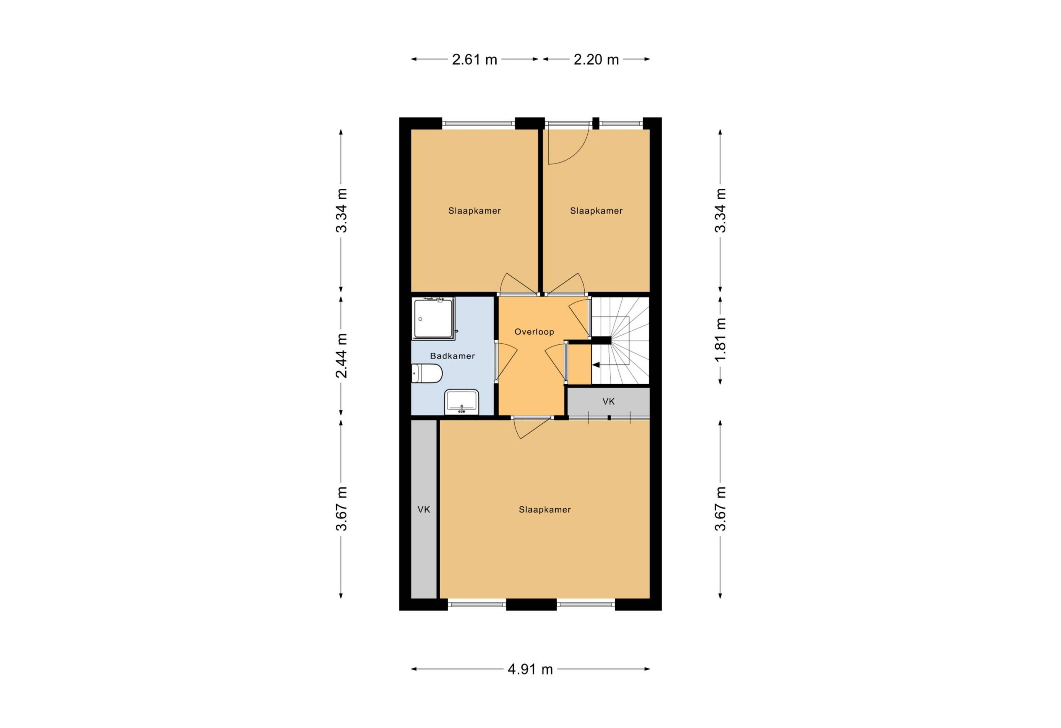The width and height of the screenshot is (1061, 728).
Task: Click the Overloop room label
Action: coord(534,332)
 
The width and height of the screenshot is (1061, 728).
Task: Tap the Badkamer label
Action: coord(453,356)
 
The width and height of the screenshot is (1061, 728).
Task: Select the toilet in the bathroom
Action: coord(426,373)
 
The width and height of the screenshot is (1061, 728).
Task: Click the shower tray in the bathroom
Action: coord(433,319)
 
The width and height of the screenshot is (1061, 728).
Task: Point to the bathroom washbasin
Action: coord(462,402)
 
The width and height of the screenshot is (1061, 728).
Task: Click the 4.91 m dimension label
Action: coord(530,670)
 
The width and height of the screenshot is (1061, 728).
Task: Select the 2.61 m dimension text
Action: coord(475,59)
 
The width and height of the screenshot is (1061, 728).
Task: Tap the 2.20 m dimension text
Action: coord(596,59)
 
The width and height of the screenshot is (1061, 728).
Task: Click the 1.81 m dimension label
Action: coord(720,340)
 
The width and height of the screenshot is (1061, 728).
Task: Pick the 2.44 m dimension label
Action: coord(342,355)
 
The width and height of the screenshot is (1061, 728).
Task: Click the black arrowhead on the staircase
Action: coord(596,365)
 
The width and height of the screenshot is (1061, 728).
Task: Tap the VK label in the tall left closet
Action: coord(424,509)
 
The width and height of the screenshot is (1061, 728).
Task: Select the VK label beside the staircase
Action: coord(608,401)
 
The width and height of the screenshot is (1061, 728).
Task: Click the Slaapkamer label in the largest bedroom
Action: coord(545,509)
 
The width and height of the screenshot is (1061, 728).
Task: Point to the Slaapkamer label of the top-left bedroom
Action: coord(475,211)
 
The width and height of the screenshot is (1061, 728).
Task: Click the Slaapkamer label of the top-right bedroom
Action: coord(596,211)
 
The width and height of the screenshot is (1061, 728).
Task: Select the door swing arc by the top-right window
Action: coord(577,154)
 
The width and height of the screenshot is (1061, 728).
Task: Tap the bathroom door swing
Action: coord(507,361)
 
